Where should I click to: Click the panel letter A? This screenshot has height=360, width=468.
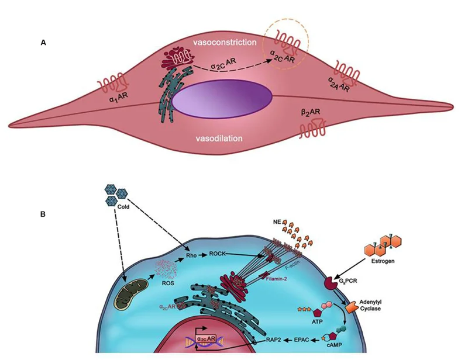click(43, 43)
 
